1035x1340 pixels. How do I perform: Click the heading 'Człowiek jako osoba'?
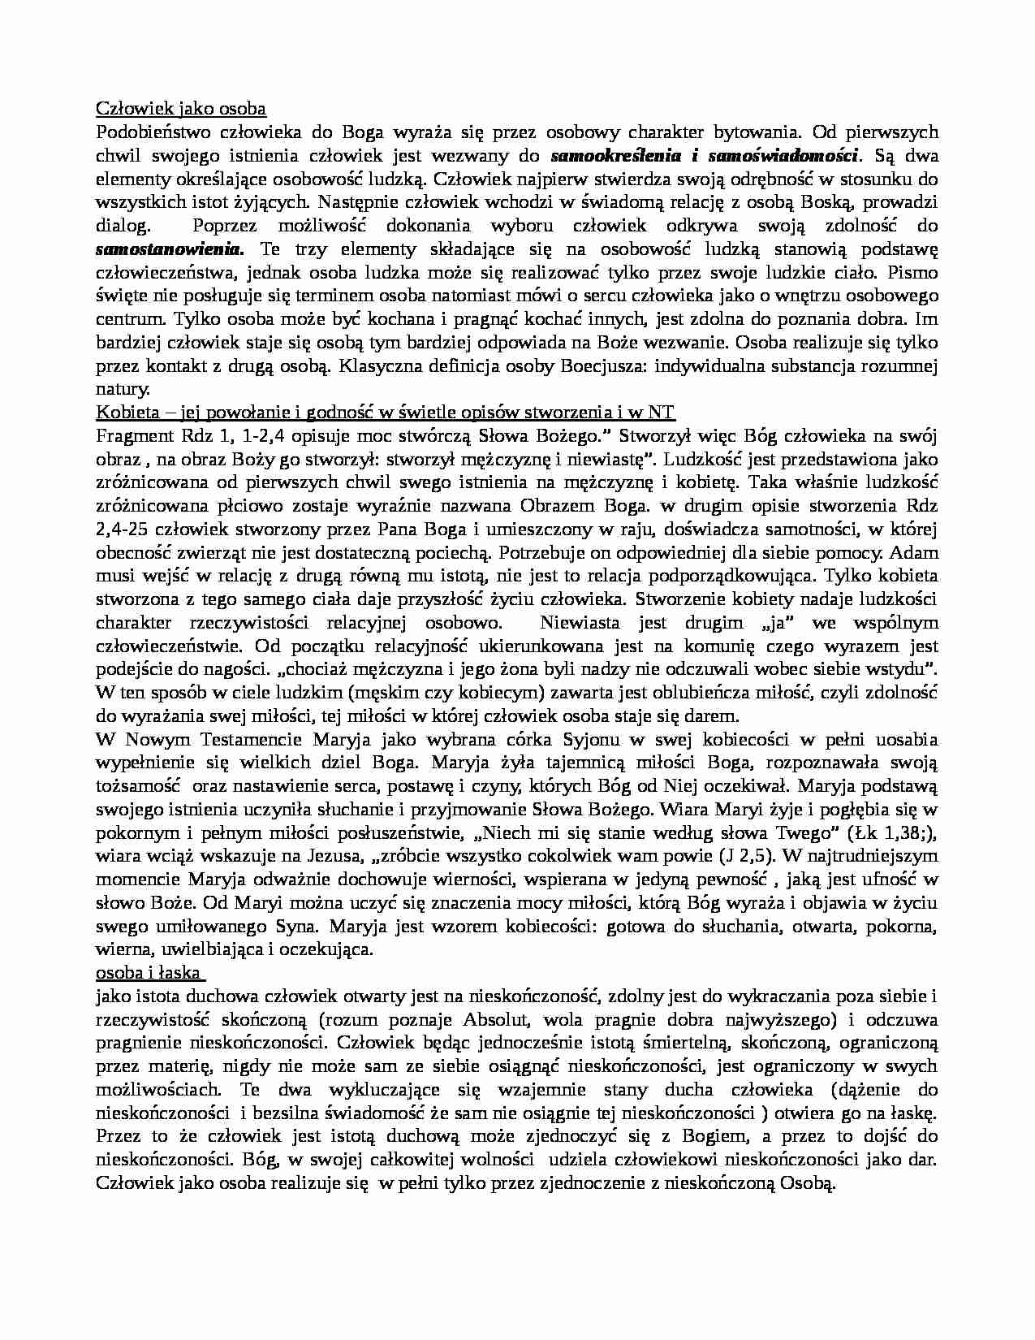pyautogui.click(x=181, y=108)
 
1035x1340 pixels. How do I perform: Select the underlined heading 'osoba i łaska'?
pyautogui.click(x=149, y=973)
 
